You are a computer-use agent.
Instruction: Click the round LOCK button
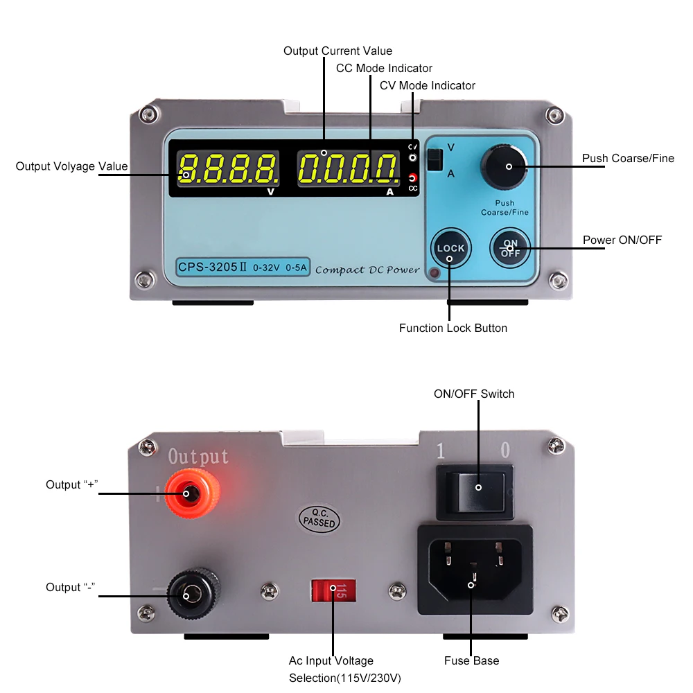(450, 249)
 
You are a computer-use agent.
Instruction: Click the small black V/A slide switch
(435, 160)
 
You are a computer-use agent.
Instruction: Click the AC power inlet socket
(474, 570)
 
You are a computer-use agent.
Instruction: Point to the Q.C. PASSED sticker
(319, 518)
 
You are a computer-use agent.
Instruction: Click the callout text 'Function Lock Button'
(453, 328)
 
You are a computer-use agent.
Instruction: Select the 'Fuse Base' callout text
(471, 660)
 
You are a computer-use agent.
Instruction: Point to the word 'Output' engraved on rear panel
(198, 457)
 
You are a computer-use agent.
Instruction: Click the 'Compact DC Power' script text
(367, 269)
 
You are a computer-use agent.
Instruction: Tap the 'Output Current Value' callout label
(337, 51)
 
